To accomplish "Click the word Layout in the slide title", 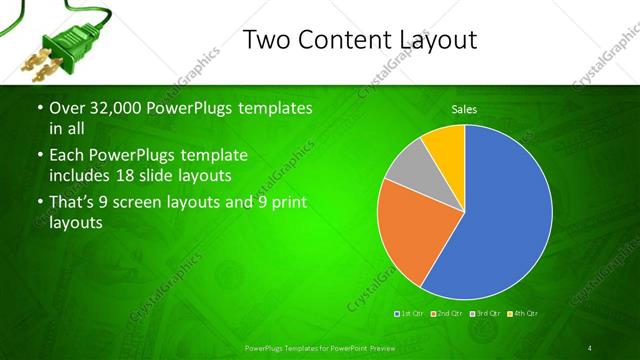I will click(x=428, y=40).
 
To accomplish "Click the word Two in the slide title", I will click(x=267, y=40).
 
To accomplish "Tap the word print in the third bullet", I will click(x=283, y=202).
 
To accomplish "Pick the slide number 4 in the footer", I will click(x=589, y=348).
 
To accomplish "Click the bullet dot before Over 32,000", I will click(x=39, y=108).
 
